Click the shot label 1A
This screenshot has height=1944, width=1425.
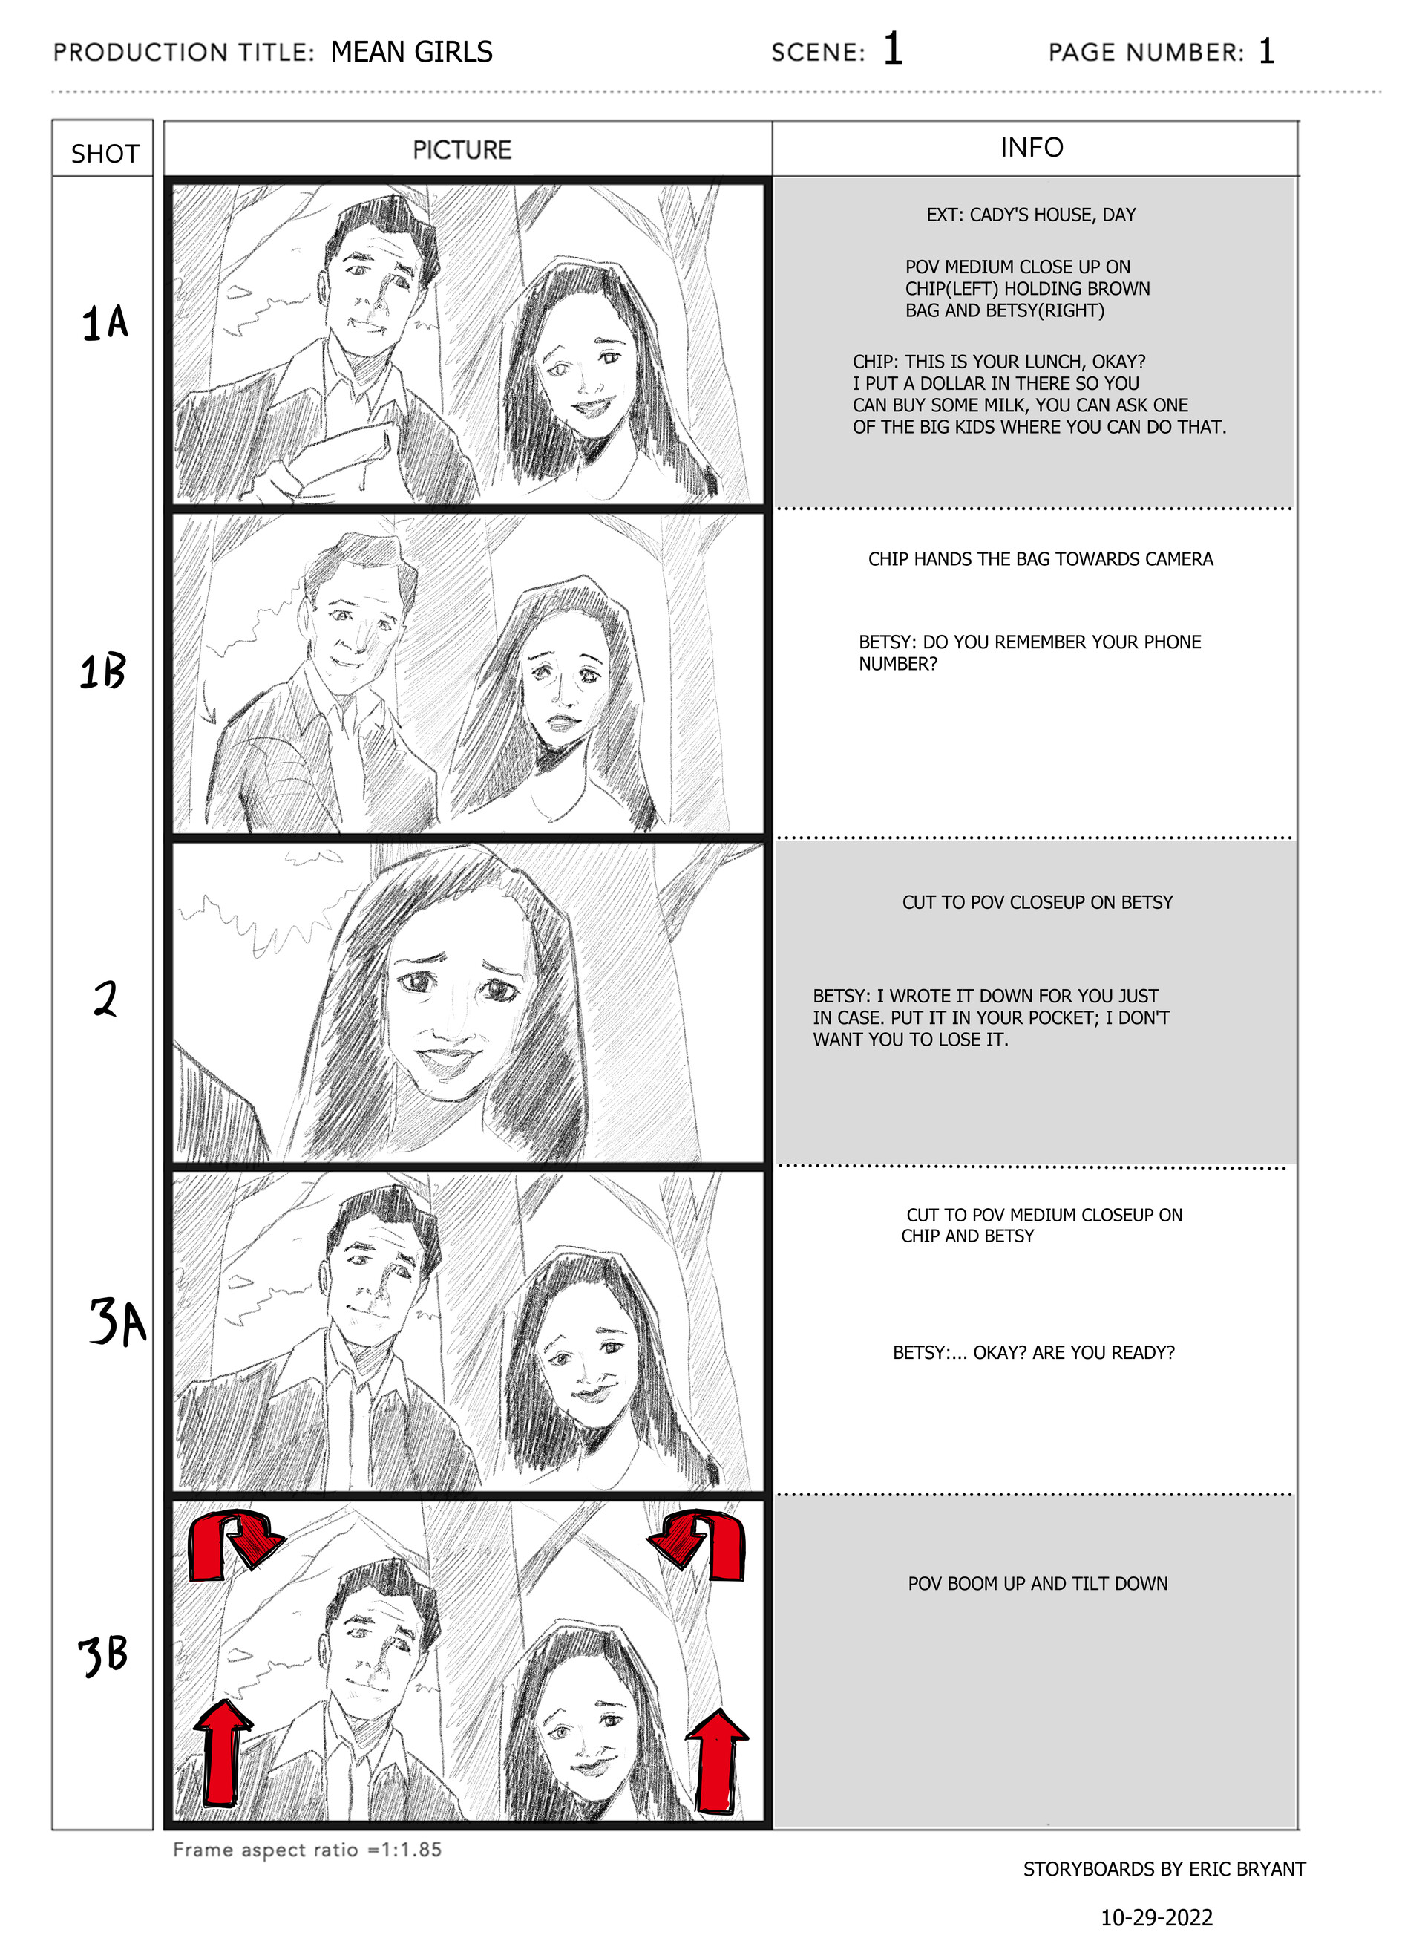[x=105, y=323]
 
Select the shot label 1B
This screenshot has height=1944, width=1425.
[x=102, y=671]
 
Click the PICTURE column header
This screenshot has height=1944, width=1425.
[x=462, y=150]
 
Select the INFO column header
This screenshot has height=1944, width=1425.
[x=1032, y=148]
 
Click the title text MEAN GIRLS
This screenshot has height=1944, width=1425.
[x=411, y=52]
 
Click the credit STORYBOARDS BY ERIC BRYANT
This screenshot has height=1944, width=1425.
[x=1164, y=1869]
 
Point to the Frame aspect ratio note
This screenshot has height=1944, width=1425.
[x=307, y=1849]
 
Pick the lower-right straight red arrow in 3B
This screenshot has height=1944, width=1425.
[x=716, y=1760]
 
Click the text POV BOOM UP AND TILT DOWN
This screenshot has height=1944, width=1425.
[x=1037, y=1583]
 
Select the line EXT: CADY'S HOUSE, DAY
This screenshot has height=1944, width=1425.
[x=1031, y=215]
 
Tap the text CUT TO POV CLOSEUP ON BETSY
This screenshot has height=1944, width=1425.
[x=1037, y=901]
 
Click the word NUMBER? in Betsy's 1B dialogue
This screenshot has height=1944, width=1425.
[x=897, y=664]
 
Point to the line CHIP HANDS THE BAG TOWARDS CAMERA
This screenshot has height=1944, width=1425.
[x=1041, y=559]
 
